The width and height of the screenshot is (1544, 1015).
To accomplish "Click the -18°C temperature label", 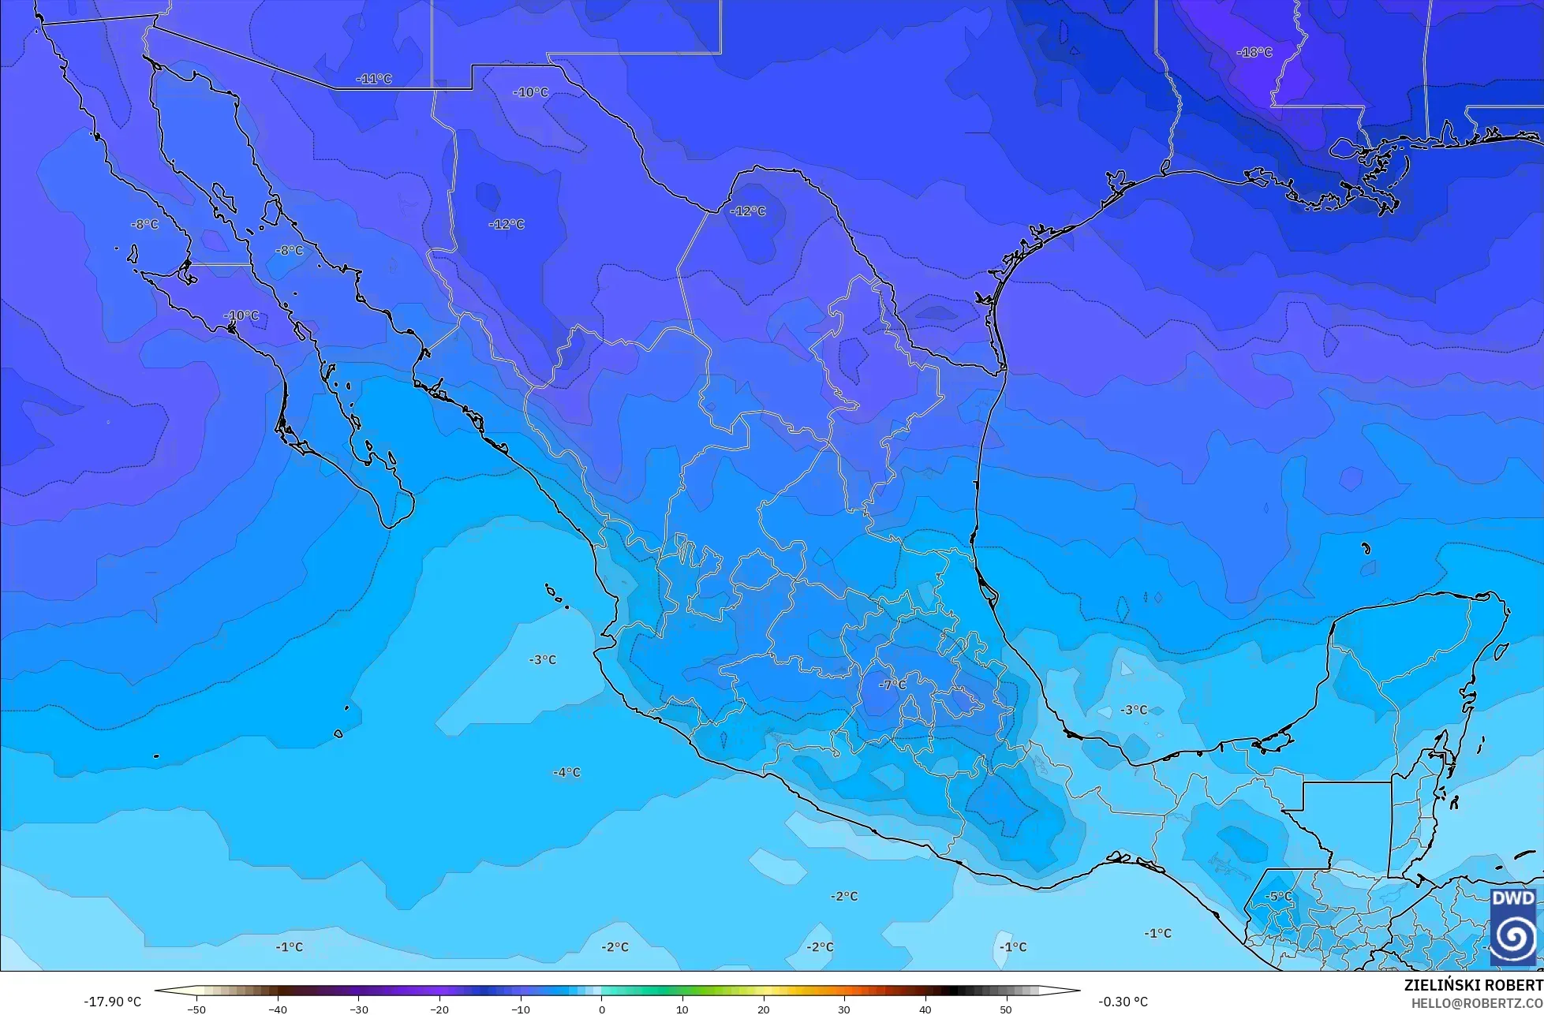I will (x=1254, y=53).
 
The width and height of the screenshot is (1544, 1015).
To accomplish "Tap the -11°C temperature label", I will (x=374, y=79).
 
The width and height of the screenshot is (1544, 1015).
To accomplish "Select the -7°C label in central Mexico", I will (x=893, y=685).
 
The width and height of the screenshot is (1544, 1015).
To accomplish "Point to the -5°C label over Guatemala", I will (x=1279, y=897).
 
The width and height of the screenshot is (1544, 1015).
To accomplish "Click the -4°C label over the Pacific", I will (x=566, y=772).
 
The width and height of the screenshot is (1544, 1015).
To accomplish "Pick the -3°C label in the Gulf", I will (x=1134, y=710).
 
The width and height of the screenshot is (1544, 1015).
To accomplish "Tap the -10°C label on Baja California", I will (x=241, y=315).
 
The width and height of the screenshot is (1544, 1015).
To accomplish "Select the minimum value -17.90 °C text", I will (x=112, y=1002).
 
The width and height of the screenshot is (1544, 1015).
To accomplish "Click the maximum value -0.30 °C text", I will (x=1123, y=1002).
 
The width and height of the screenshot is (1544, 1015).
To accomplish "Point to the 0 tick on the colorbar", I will (x=601, y=1009).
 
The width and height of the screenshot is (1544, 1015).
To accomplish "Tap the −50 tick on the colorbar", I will (x=196, y=1009).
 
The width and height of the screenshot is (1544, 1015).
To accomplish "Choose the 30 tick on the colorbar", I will (x=844, y=1009).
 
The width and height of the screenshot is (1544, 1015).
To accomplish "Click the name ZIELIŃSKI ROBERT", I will (x=1473, y=985).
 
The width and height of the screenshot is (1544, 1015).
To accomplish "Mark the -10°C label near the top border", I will (x=530, y=92).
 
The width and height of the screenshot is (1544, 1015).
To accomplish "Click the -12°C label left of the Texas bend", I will (x=507, y=224).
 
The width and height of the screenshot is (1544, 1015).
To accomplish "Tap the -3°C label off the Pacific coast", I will (x=542, y=659).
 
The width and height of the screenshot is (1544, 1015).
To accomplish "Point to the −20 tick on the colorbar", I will (x=439, y=1009).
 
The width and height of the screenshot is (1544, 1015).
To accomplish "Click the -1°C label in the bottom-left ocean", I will (x=289, y=946).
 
